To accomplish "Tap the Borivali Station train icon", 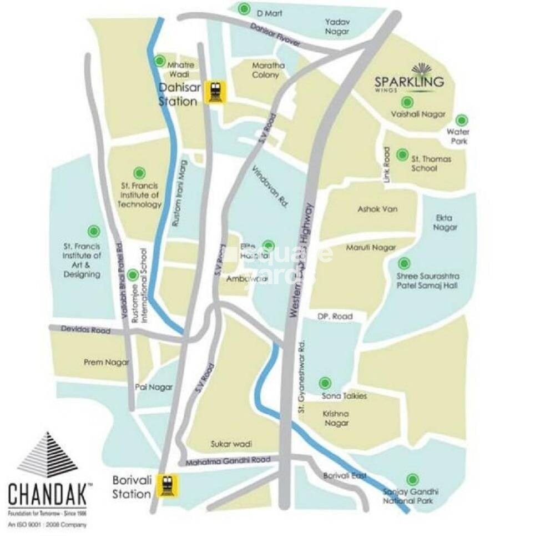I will pyautogui.click(x=166, y=485).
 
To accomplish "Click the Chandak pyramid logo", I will pyautogui.click(x=47, y=455).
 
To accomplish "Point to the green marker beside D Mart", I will pyautogui.click(x=244, y=9).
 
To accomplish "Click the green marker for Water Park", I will pyautogui.click(x=461, y=120).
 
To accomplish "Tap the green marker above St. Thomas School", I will pyautogui.click(x=402, y=154).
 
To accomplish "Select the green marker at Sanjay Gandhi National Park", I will pyautogui.click(x=412, y=479).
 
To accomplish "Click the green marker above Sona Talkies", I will pyautogui.click(x=325, y=383).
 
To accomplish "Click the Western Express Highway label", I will pyautogui.click(x=302, y=261).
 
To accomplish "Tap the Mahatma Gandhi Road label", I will pyautogui.click(x=228, y=461).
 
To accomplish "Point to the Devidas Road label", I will pyautogui.click(x=86, y=330).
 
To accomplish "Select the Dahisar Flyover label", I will pyautogui.click(x=275, y=35).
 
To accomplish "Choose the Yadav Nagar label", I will pyautogui.click(x=337, y=27).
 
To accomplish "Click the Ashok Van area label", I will pyautogui.click(x=378, y=209).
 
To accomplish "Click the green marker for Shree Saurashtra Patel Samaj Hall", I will pyautogui.click(x=405, y=263).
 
